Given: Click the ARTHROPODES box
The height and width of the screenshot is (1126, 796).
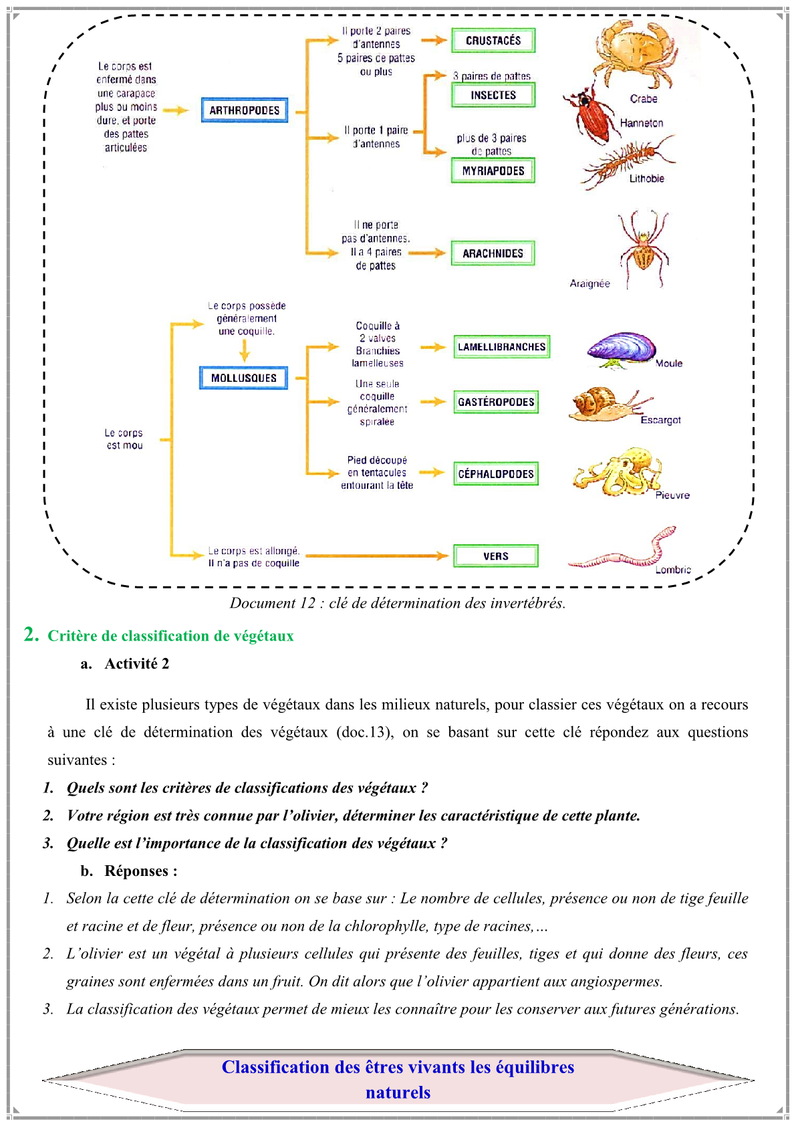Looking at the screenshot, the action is (244, 110).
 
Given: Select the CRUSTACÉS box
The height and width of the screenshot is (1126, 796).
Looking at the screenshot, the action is (493, 40).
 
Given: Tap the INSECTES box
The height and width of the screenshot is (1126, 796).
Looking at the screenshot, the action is (493, 95).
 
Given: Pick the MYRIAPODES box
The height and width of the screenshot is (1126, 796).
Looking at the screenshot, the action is (493, 171).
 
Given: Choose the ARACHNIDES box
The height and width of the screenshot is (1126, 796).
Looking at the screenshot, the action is (493, 253).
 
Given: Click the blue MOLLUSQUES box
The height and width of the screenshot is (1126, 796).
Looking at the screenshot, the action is (244, 378).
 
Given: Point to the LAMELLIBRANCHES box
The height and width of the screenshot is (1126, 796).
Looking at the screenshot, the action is (501, 347).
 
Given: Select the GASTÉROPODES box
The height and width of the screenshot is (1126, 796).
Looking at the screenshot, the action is (496, 402).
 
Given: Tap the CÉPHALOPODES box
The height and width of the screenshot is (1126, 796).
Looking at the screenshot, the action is (496, 473).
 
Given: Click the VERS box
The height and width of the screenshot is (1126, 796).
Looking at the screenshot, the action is (496, 556).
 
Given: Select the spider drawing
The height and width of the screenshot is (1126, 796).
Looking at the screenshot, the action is (644, 249).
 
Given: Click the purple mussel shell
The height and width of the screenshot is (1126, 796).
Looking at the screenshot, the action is (622, 349).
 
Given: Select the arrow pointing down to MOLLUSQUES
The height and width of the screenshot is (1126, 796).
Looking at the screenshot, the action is (244, 351).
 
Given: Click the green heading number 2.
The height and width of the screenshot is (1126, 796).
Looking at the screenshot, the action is (31, 635).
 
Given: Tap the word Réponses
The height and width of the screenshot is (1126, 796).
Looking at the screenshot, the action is (136, 871).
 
